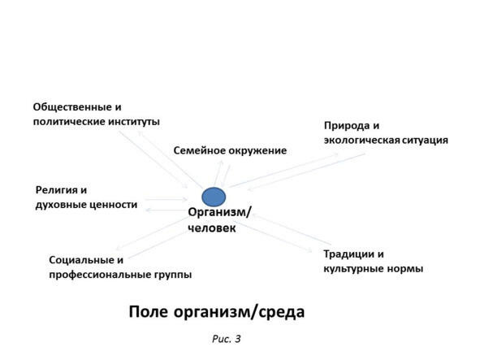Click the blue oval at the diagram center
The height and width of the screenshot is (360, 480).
point(214,197)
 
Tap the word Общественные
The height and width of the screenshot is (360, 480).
point(73,107)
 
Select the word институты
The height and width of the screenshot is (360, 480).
point(134,122)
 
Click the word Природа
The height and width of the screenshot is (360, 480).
point(344,126)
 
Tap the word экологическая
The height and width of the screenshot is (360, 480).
point(362,141)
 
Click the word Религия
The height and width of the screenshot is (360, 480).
point(56,190)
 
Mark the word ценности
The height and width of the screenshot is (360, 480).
point(113,205)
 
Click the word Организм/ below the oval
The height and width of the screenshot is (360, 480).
point(220,212)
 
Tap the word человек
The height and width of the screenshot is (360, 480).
point(212,228)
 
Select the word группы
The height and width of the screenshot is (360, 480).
point(173,275)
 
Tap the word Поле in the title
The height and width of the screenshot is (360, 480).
point(149,312)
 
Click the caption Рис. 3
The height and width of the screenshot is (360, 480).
point(227,339)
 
